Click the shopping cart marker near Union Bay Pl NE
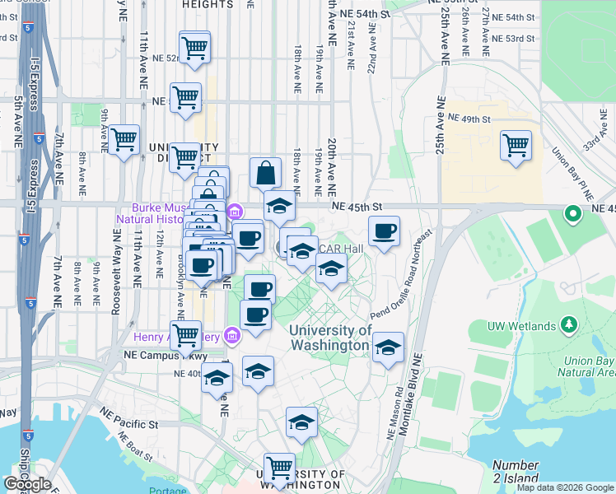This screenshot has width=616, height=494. click(x=516, y=147)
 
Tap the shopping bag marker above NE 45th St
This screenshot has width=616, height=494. click(x=265, y=173)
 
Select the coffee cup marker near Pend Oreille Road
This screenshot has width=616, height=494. click(x=384, y=232)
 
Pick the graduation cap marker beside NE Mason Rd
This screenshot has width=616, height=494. click(x=388, y=348)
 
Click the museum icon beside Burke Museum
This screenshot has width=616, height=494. click(x=234, y=212)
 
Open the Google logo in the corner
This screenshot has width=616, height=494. click(x=28, y=484)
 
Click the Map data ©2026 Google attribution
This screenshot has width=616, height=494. click(x=565, y=487)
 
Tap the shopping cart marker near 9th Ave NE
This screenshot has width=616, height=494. click(x=124, y=140)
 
